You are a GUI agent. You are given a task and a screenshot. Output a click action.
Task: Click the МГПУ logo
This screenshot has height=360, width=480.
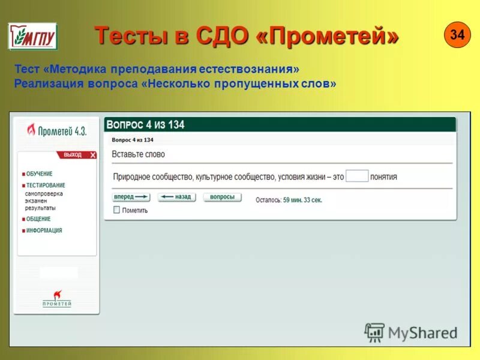pos(32,37)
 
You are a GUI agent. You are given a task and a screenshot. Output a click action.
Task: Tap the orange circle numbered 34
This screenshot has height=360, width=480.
pos(457,35)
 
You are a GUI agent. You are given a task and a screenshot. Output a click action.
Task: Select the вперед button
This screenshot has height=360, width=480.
pos(131,197)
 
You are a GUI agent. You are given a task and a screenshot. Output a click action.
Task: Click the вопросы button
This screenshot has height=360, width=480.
pos(222,197)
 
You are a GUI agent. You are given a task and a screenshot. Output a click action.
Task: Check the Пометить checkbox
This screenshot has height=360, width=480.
pos(116,210)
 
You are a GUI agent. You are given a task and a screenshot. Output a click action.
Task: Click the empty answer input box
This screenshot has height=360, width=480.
pos(357,176)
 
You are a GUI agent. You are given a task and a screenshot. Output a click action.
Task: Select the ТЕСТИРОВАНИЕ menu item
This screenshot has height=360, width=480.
pos(46,185)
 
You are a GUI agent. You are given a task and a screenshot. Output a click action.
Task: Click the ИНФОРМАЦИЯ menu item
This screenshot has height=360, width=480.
pos(44,230)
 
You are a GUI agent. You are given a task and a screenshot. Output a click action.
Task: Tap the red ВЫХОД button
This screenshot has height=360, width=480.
pos(77,155)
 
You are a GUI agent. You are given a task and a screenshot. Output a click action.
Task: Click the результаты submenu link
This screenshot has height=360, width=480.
pos(40,207)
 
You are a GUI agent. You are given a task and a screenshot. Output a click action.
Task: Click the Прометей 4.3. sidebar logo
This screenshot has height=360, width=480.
pos(57,131)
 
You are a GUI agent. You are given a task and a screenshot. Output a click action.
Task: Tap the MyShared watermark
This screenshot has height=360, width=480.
pos(411,332)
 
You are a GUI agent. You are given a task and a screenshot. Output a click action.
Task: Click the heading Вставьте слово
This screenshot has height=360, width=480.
pos(138,154)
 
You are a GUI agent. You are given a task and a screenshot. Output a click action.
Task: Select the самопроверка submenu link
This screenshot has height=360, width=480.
pos(44,194)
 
